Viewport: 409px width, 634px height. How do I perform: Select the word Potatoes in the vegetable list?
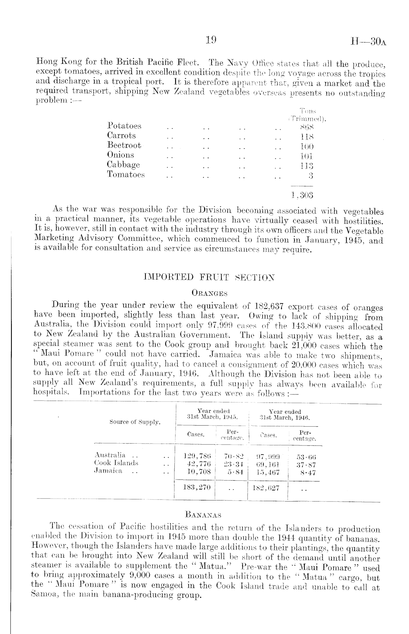[x=124, y=126]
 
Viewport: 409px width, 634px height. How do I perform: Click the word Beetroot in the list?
[x=124, y=145]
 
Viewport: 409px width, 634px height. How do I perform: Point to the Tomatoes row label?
[x=126, y=175]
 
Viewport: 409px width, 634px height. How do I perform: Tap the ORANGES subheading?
[x=210, y=293]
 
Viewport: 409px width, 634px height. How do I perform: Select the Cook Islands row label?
[x=116, y=463]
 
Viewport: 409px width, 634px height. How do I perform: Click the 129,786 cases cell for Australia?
[x=197, y=456]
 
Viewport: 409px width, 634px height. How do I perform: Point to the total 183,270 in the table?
[x=197, y=488]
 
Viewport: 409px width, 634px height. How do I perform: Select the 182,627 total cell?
[x=266, y=488]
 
